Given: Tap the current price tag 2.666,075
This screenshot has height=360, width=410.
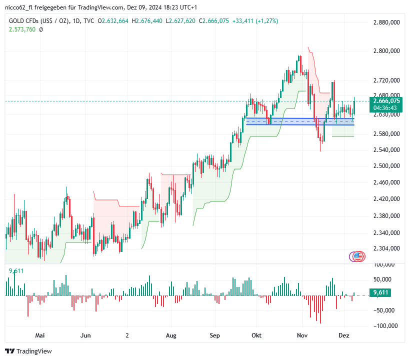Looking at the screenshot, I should click(386, 101).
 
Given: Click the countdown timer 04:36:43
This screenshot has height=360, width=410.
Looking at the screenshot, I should click(385, 108).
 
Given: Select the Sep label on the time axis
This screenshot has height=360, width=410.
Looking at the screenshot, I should click(215, 335).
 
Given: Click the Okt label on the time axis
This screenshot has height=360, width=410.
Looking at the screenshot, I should click(257, 335).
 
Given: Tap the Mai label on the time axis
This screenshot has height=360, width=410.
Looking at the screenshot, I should click(40, 335).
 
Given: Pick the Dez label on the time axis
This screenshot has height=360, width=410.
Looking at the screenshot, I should click(344, 335).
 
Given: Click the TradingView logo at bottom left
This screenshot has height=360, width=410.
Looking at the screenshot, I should click(28, 351).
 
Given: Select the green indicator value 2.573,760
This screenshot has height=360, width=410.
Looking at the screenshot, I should click(22, 29).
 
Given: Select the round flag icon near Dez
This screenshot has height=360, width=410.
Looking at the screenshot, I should click(357, 256).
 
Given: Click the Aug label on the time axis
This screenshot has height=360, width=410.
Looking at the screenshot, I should click(171, 335).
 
